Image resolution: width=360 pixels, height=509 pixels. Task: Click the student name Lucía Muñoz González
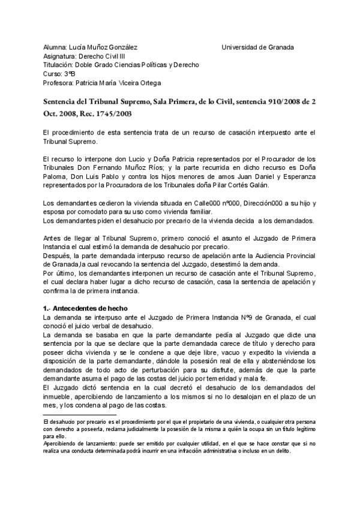tap(103, 47)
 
